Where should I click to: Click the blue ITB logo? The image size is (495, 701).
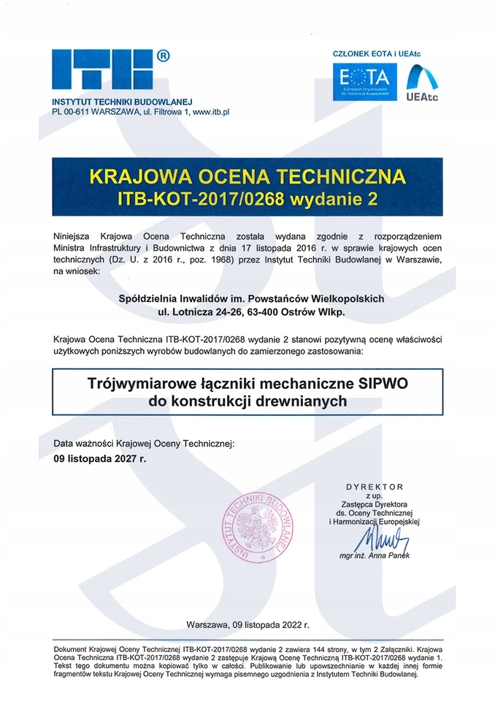pyautogui.click(x=102, y=71)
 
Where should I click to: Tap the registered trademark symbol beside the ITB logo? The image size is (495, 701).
pyautogui.click(x=164, y=55)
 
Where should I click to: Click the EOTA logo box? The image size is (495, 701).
pyautogui.click(x=365, y=82)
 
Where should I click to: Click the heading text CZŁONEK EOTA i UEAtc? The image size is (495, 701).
pyautogui.click(x=376, y=54)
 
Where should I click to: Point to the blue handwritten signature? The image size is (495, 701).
pyautogui.click(x=379, y=542)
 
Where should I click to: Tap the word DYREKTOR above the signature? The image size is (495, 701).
pyautogui.click(x=374, y=486)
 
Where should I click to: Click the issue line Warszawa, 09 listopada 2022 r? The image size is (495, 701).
pyautogui.click(x=248, y=625)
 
